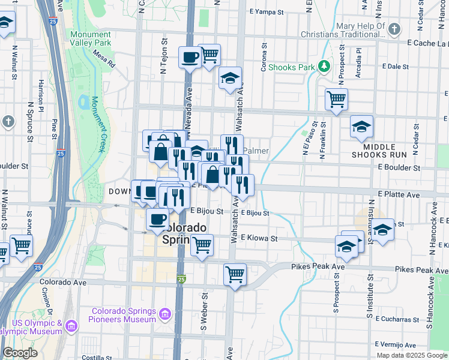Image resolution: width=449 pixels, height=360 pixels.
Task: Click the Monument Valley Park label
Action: coord(90,38)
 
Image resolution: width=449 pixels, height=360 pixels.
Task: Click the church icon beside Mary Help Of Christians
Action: coord(394,28)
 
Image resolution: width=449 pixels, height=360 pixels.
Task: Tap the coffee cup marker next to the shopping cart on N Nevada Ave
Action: coord(190,58)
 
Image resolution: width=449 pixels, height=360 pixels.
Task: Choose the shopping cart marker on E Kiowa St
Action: coord(202,245)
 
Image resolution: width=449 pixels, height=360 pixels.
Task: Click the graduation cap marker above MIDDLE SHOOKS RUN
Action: coord(361,127)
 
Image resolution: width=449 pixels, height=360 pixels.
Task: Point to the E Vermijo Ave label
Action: coord(395,345)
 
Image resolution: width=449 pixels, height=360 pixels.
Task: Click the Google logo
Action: coord(20,353)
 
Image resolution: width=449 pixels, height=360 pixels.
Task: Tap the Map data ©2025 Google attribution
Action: coord(412,355)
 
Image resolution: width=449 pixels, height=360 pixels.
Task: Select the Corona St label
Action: coord(264,57)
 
